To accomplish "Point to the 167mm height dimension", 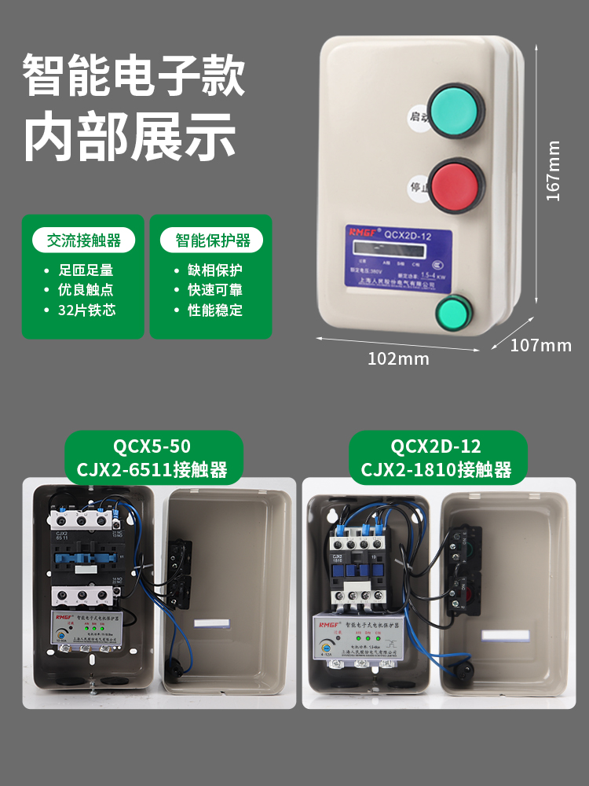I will point(554,171).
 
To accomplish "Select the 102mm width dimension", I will point(399,358).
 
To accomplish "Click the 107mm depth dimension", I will point(541,345).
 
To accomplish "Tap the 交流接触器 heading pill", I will point(83,241).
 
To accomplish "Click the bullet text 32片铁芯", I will point(86,310).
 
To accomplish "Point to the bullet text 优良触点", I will point(86,289).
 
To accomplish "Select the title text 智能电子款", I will point(134,77).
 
